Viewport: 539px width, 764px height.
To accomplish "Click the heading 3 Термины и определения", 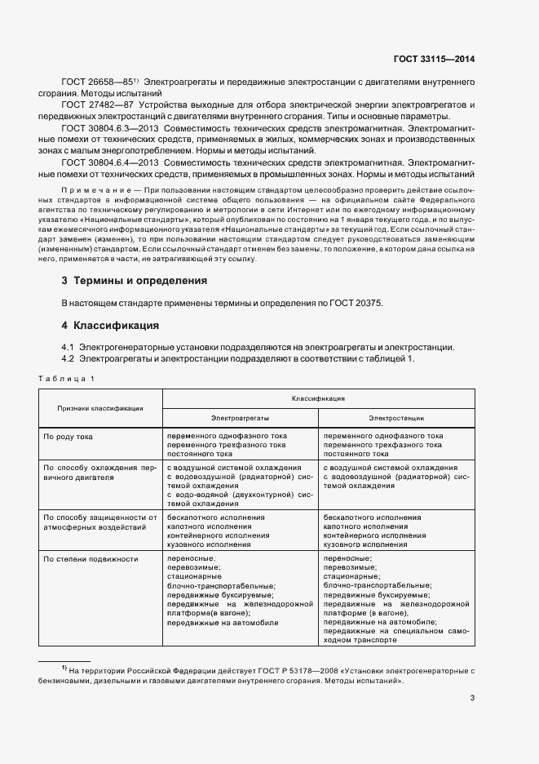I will pos(135,280).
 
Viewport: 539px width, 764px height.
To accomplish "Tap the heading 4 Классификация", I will pos(110,325).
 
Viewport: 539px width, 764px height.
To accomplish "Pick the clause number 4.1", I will pos(68,347).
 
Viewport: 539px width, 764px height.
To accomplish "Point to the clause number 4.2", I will pos(68,359).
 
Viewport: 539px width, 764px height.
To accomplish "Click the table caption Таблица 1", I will pos(66,378).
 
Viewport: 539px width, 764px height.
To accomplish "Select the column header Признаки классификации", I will pos(100,408).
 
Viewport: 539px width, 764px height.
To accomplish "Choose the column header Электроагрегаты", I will pos(240,418).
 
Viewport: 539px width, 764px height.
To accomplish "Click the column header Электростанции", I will pos(396,418).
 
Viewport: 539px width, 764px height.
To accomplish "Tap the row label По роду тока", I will pos(68,437).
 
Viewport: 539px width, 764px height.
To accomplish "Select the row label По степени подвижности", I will pos(91,559).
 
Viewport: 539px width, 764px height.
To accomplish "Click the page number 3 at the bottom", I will pos(472,697).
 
